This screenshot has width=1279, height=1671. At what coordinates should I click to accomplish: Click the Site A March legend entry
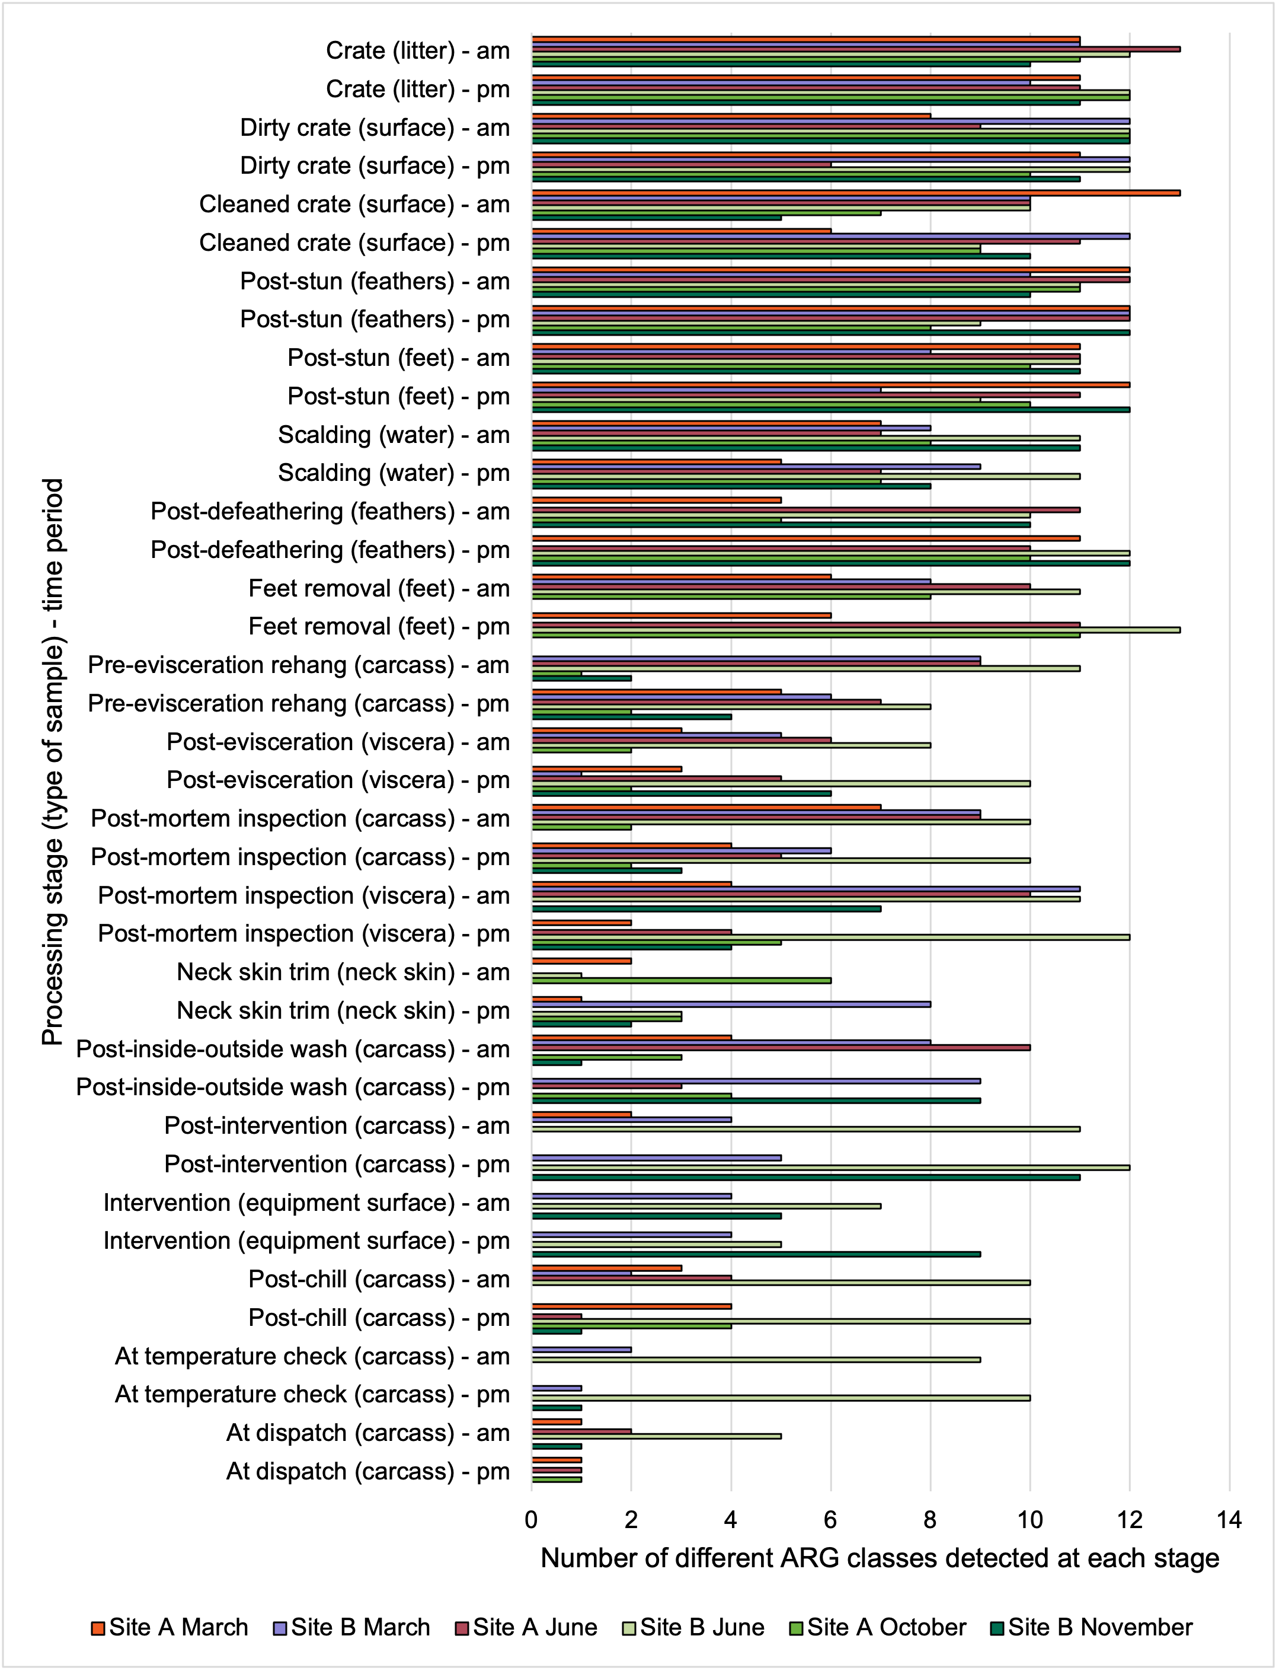tap(169, 1627)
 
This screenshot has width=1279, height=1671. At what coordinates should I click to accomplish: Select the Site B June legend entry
tap(693, 1627)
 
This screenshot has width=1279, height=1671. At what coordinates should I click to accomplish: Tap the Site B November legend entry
tap(1092, 1627)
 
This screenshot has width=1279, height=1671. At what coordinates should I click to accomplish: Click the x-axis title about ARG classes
tap(880, 1558)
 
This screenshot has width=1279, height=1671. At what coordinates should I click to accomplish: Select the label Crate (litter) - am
tap(418, 51)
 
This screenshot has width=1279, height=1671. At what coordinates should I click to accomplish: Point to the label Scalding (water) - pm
tap(394, 473)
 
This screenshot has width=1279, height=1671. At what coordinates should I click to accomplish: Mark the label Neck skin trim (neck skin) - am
tap(343, 972)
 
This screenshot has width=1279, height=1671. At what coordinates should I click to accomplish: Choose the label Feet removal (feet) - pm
tap(379, 627)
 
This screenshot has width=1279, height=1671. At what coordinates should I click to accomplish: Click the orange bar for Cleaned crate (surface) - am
tap(856, 193)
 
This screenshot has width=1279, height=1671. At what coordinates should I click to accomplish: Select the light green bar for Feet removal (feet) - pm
tap(856, 630)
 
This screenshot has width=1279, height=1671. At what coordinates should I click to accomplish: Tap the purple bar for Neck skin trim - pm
tap(731, 1004)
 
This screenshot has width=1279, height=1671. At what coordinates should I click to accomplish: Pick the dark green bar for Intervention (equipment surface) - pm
tap(756, 1254)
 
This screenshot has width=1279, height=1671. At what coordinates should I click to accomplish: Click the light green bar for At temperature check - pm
tap(781, 1398)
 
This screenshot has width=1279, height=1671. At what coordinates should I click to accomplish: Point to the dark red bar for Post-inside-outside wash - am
tap(781, 1047)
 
